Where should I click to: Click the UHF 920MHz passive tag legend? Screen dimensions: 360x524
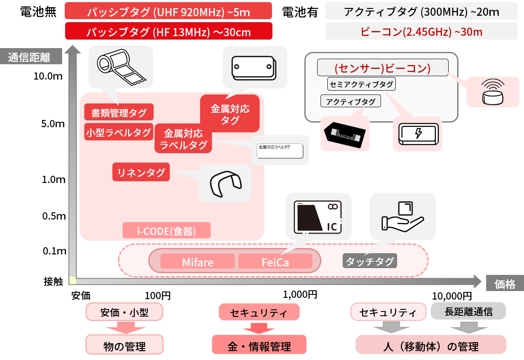click(168, 11)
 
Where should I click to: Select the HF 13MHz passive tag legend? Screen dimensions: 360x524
click(168, 31)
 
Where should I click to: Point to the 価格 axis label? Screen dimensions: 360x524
click(505, 284)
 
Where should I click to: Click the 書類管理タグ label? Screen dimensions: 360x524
click(119, 112)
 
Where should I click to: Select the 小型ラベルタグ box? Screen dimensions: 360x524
click(119, 132)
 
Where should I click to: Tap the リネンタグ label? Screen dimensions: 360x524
click(141, 172)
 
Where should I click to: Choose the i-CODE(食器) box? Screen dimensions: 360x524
click(166, 231)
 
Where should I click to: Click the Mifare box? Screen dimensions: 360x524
click(198, 262)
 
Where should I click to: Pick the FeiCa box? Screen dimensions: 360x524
click(275, 262)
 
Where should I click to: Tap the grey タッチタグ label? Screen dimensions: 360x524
click(369, 261)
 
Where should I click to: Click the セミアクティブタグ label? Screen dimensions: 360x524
click(361, 84)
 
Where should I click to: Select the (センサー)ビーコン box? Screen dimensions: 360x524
click(383, 68)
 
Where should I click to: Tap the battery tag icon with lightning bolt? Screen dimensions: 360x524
click(418, 134)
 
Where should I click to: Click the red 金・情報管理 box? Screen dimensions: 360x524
click(259, 346)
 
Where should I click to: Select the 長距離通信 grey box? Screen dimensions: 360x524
click(468, 311)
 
